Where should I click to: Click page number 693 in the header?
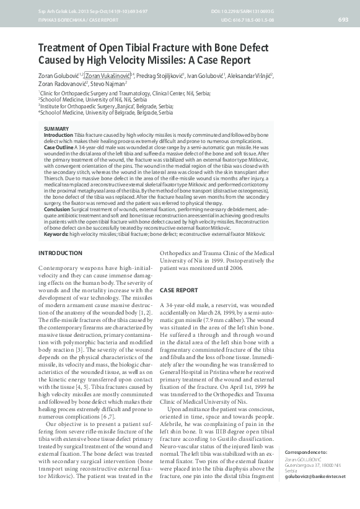click(343, 20)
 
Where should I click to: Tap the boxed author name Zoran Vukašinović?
click(110, 75)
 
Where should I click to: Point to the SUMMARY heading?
click(56, 128)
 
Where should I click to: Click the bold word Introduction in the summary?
click(58, 134)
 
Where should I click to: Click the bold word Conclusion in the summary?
click(57, 209)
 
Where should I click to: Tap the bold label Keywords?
click(56, 234)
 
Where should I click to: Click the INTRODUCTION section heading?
click(60, 254)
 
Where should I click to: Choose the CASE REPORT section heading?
click(179, 290)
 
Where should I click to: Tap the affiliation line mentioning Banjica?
click(107, 106)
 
